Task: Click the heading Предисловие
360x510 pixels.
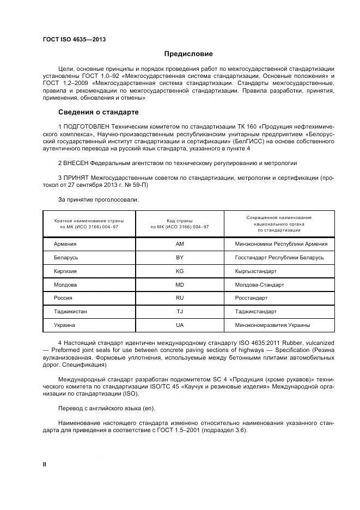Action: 188,54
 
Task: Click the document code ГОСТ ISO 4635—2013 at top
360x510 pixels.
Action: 74,40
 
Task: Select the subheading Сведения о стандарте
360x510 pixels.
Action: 98,112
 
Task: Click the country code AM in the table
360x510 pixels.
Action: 180,244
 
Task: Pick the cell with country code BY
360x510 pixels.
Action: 180,257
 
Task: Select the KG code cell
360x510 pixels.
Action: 180,271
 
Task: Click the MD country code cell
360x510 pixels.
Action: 180,284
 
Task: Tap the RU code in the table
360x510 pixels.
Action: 180,298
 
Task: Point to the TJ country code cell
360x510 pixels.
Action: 180,312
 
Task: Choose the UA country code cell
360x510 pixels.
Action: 180,325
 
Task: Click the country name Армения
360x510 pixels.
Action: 65,244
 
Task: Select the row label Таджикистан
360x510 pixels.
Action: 70,312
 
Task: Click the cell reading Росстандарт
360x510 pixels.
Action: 251,298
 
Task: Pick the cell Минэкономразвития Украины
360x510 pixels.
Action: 272,325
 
